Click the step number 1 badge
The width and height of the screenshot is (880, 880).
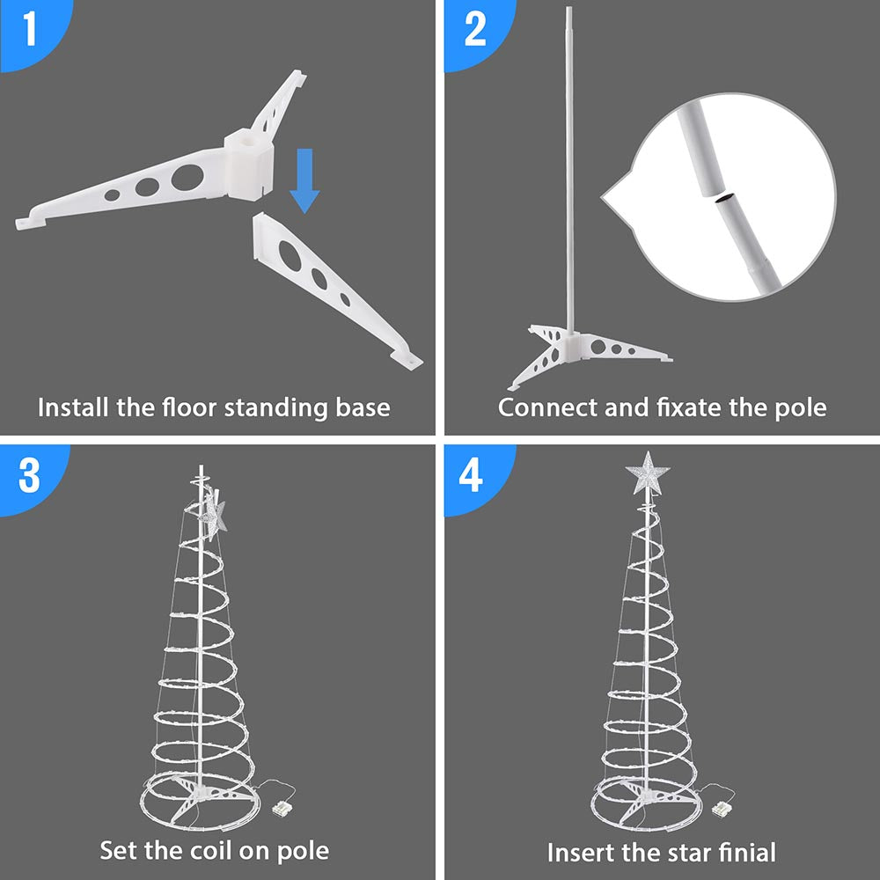pyautogui.click(x=30, y=30)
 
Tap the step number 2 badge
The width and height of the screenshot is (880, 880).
pyautogui.click(x=475, y=30)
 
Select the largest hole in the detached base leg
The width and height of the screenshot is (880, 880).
pyautogui.click(x=287, y=252)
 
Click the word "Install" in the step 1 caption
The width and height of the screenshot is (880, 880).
pyautogui.click(x=74, y=407)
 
